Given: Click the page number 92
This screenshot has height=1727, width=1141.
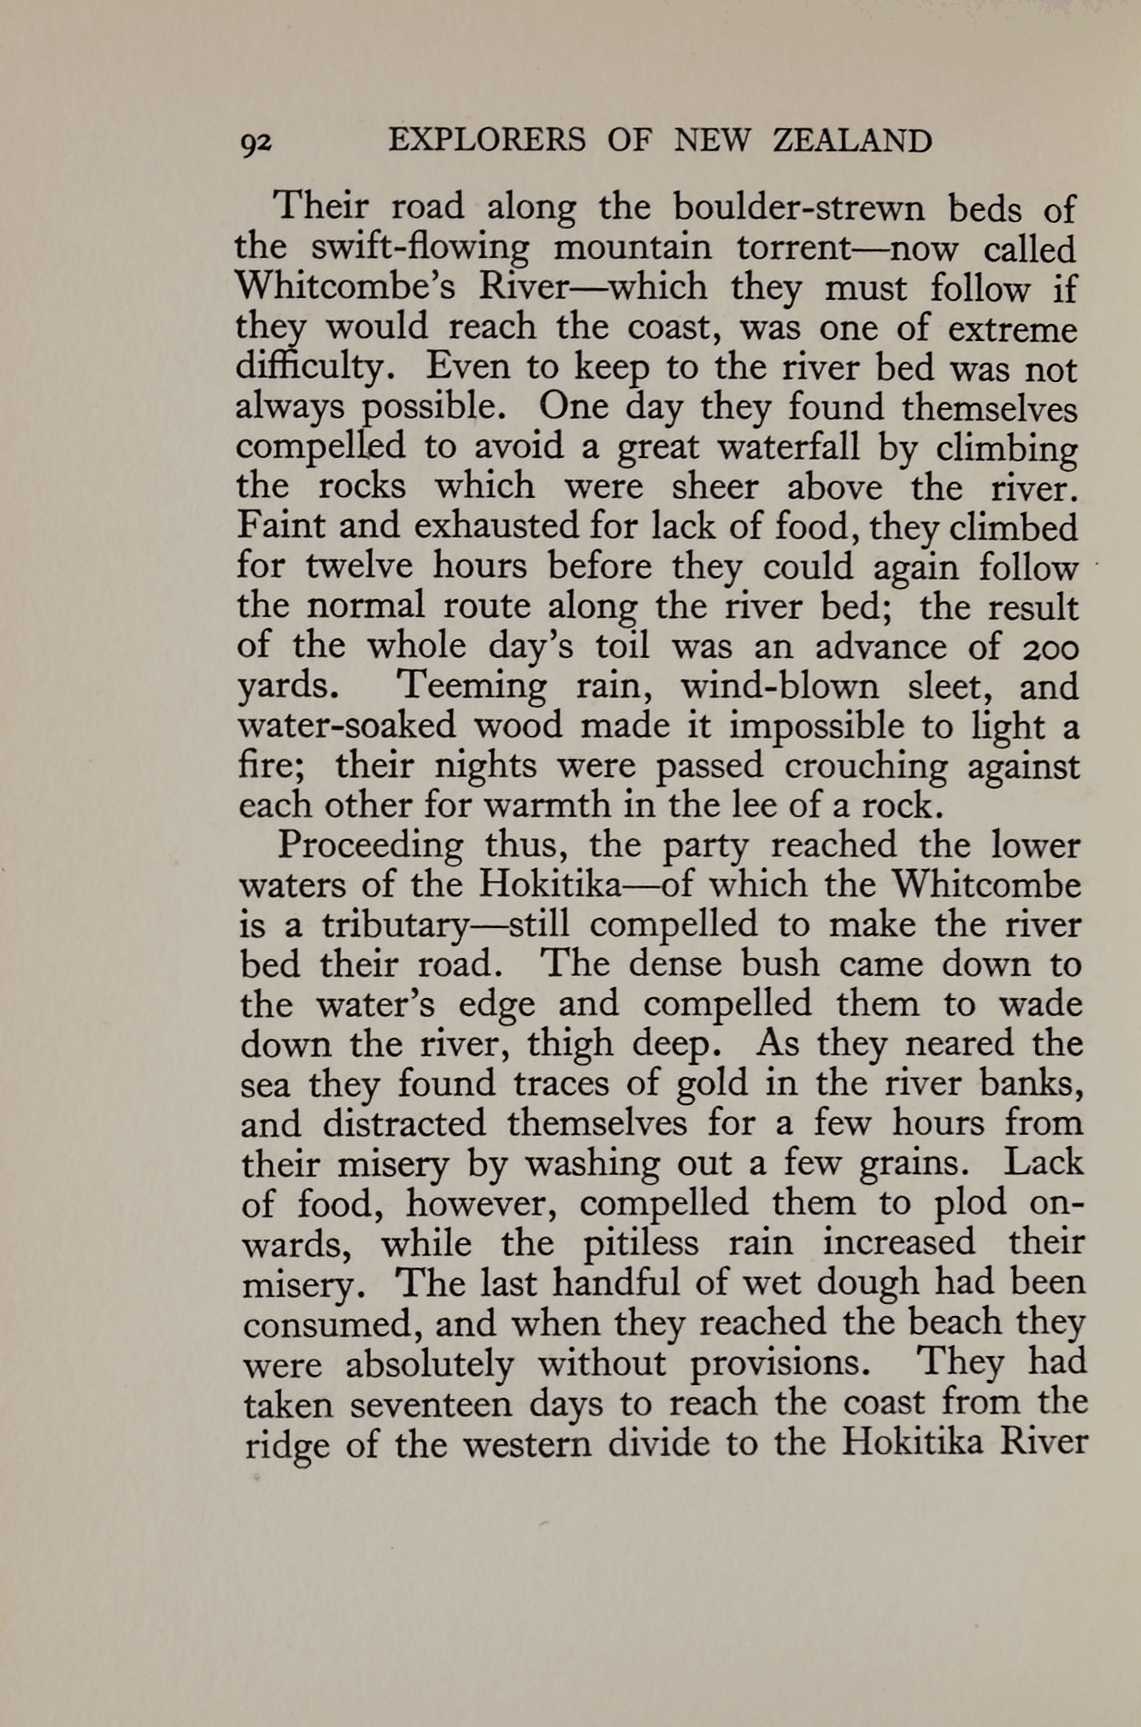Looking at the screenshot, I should click(256, 144).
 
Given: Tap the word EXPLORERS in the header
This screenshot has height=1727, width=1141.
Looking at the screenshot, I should click(487, 140).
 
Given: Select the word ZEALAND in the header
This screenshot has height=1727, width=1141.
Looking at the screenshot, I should click(852, 140).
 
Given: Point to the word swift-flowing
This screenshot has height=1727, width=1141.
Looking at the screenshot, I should click(420, 248).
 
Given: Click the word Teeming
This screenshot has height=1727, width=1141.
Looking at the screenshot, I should click(472, 686).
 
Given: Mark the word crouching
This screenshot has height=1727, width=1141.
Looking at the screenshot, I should click(866, 767).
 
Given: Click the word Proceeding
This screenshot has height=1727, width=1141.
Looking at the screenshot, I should click(370, 846).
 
